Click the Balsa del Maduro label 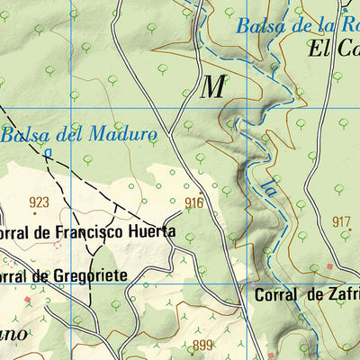[x=79, y=136]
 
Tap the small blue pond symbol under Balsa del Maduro [x=47, y=153]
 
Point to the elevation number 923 [x=39, y=202]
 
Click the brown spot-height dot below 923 [x=35, y=213]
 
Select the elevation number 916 [x=193, y=203]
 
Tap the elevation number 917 [x=341, y=222]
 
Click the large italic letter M [x=212, y=87]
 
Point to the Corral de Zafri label [x=306, y=294]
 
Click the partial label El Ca [x=334, y=49]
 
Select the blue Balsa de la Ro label [x=297, y=25]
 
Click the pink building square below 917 [x=330, y=266]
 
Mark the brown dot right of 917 [x=352, y=230]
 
